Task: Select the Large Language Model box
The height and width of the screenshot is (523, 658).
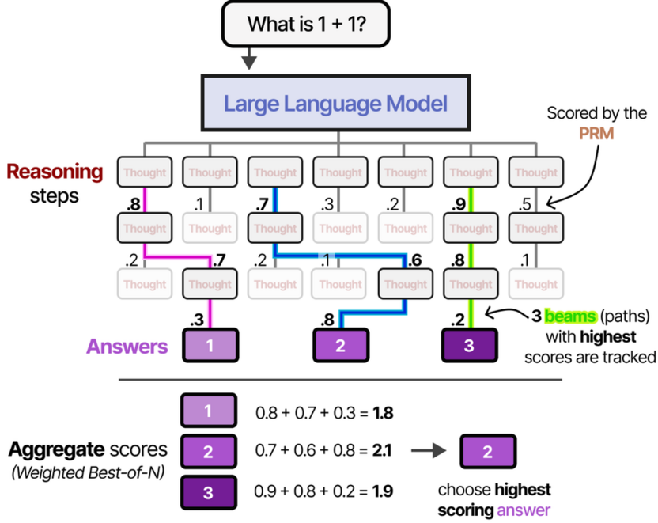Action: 335,103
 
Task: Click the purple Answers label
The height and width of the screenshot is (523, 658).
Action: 127,347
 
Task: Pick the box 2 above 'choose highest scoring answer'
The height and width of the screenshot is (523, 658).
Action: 486,452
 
